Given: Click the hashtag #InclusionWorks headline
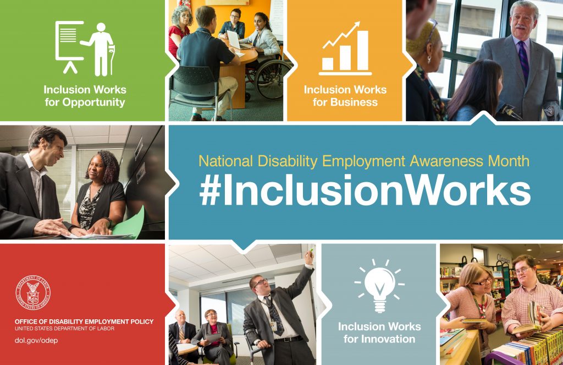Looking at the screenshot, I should tap(365, 190).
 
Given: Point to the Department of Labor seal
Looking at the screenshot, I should tap(34, 292).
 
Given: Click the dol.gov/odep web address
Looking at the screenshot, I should tap(36, 340).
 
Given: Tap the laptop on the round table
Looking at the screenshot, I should tap(234, 40).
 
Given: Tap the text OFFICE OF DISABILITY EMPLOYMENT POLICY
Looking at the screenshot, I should tap(84, 322).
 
